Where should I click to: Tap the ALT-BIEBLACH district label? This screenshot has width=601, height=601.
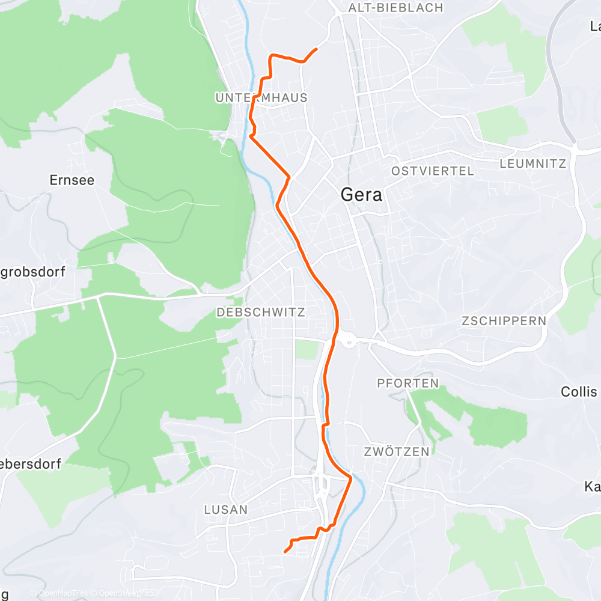coord(395,8)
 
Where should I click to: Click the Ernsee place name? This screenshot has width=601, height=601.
coord(72,180)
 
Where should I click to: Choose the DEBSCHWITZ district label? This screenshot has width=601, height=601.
coord(261,313)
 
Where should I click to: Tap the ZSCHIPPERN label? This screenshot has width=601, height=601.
coord(504,321)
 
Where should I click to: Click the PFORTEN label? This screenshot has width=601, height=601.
coord(407,383)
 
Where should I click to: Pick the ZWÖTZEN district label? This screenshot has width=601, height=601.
coord(397,451)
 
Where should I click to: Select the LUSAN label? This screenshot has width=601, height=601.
coord(226,510)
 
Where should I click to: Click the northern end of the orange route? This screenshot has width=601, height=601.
coord(316,49)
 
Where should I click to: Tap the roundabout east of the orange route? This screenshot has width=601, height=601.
coord(348,341)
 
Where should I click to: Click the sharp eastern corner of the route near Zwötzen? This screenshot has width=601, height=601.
coord(351,477)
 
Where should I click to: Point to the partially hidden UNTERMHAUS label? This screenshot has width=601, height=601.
coord(261,97)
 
